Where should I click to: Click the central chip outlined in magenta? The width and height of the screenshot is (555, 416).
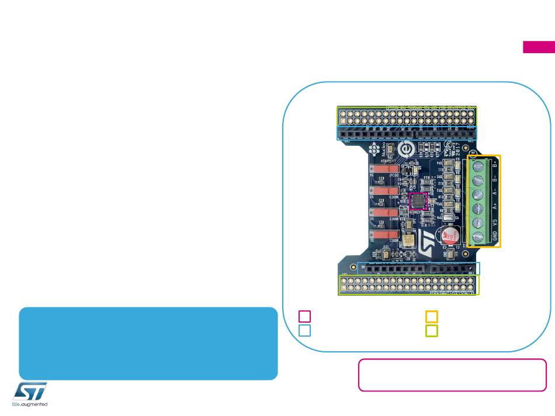[418, 201]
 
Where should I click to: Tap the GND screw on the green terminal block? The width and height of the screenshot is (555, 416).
[478, 237]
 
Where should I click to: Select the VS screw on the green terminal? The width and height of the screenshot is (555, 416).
[478, 223]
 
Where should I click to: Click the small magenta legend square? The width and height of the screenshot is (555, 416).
[305, 316]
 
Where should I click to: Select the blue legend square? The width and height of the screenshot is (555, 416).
[305, 331]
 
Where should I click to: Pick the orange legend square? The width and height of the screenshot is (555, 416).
[431, 316]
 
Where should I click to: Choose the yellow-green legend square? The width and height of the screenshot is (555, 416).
[431, 331]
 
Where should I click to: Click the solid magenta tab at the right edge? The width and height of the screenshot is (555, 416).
[539, 48]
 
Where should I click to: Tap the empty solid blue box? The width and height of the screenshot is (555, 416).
[148, 344]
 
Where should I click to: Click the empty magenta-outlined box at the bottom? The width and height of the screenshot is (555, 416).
[453, 375]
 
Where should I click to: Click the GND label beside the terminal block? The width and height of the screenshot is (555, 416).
[495, 238]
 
